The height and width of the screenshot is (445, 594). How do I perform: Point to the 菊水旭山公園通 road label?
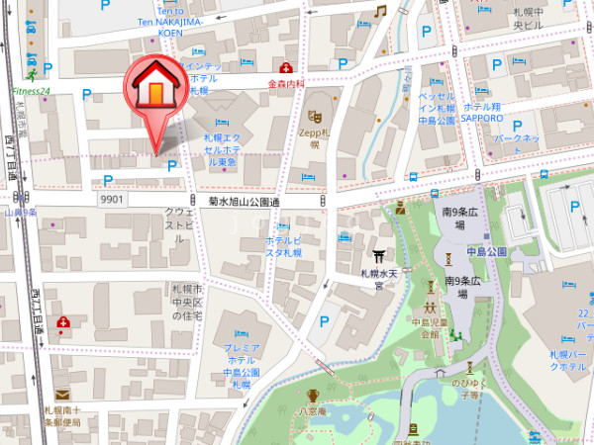[x=244, y=201]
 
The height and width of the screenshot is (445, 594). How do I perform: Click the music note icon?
[x=380, y=11]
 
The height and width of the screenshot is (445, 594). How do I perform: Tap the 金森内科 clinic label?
[x=285, y=85]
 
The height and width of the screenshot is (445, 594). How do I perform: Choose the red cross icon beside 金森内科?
[x=286, y=67]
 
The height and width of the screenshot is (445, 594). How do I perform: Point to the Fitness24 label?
[x=31, y=91]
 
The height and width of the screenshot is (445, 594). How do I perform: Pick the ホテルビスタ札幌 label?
[x=285, y=246]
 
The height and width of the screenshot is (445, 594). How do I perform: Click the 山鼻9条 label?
[x=21, y=212]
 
